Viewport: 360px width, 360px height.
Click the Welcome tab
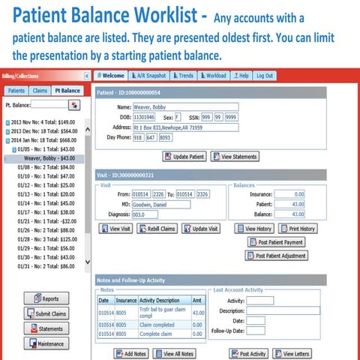tap(110, 76)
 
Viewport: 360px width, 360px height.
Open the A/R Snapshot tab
tap(149, 76)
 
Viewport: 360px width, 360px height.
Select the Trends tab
tap(184, 76)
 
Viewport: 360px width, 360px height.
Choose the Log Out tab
tap(265, 76)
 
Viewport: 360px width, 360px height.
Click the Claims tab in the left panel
tap(40, 90)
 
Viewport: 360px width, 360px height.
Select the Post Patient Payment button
tap(275, 242)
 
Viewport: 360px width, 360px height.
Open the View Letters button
tap(293, 352)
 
